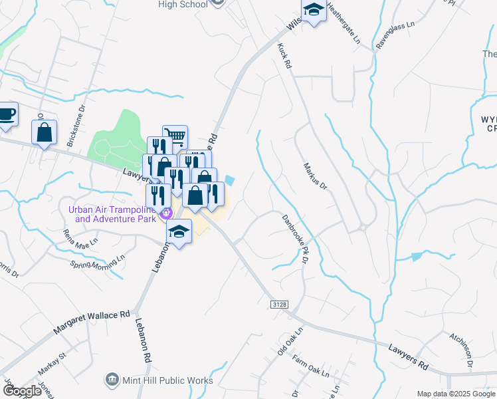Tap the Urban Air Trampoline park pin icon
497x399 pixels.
point(167,213)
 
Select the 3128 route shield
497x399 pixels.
point(280,304)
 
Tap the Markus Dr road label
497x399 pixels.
point(315,176)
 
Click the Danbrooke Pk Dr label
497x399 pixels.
point(294,238)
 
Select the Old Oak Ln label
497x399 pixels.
point(290,340)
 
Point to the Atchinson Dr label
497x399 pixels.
point(460,350)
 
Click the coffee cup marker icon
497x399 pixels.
point(6,114)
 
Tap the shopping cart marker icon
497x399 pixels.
point(175,136)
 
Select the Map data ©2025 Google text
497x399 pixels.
point(456,394)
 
